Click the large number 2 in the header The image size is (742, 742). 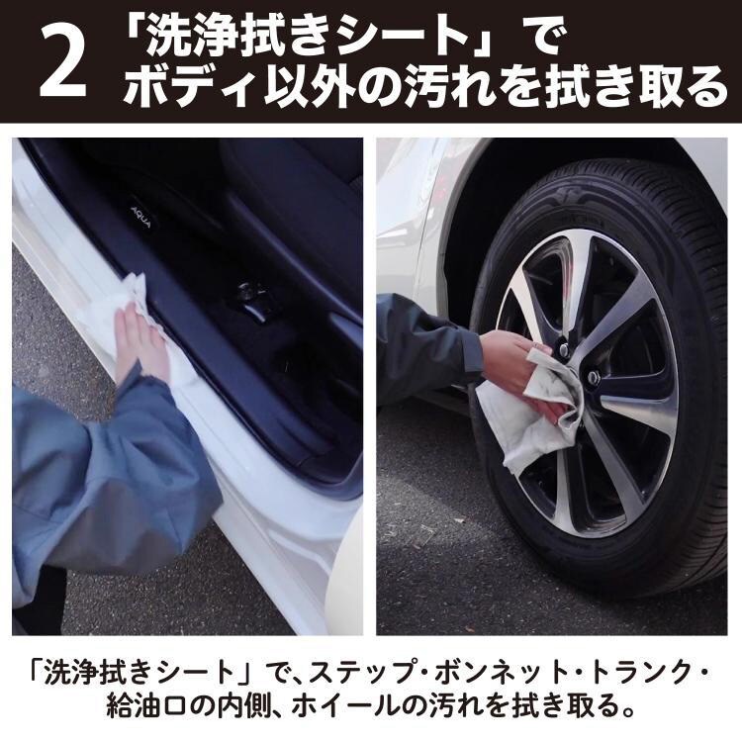(x=62, y=61)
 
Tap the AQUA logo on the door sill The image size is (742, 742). (x=141, y=217)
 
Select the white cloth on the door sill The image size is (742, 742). (x=141, y=326)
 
